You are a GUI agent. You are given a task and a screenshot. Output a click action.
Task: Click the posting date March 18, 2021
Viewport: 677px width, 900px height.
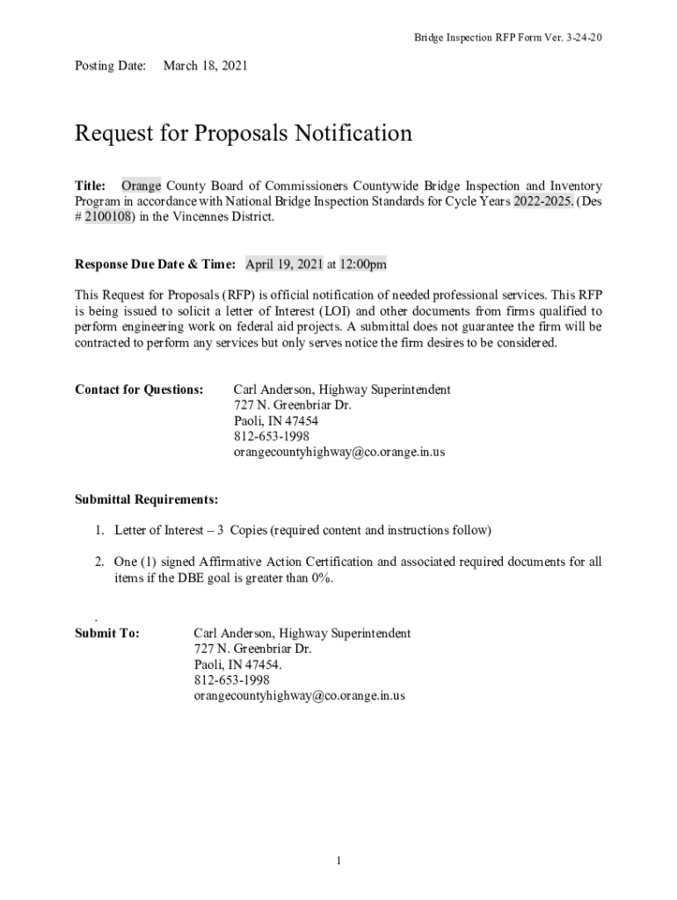(x=206, y=66)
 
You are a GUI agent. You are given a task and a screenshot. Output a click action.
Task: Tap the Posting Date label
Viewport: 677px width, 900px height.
(x=110, y=66)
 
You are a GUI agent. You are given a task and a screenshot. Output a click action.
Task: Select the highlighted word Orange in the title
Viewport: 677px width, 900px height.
(x=141, y=186)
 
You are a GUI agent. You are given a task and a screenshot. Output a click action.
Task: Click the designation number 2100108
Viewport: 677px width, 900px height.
(x=110, y=217)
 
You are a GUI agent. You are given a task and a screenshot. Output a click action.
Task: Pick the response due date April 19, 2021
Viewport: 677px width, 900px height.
(x=284, y=264)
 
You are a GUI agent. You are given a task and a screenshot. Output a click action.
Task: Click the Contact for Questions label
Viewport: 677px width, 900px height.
(x=140, y=389)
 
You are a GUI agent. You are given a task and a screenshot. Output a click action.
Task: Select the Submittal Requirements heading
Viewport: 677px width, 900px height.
(x=147, y=500)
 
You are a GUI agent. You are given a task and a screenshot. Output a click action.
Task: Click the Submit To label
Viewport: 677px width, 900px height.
(x=107, y=634)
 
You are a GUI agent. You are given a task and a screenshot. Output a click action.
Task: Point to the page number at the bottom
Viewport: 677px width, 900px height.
(x=338, y=860)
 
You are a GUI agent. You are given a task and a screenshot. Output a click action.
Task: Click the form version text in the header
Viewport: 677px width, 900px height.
(x=508, y=38)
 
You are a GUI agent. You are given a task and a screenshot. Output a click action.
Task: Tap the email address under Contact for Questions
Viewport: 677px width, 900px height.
(x=338, y=453)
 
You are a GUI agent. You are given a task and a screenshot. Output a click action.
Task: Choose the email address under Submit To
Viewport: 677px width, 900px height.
(x=299, y=696)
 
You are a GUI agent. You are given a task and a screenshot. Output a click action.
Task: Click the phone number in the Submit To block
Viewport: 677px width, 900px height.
(x=231, y=680)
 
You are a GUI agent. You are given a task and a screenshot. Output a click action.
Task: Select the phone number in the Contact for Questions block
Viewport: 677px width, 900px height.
(x=271, y=437)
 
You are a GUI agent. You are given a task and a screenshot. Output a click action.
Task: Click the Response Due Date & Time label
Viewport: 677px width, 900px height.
(x=155, y=264)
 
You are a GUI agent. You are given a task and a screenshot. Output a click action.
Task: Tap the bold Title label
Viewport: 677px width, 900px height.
(x=91, y=186)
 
